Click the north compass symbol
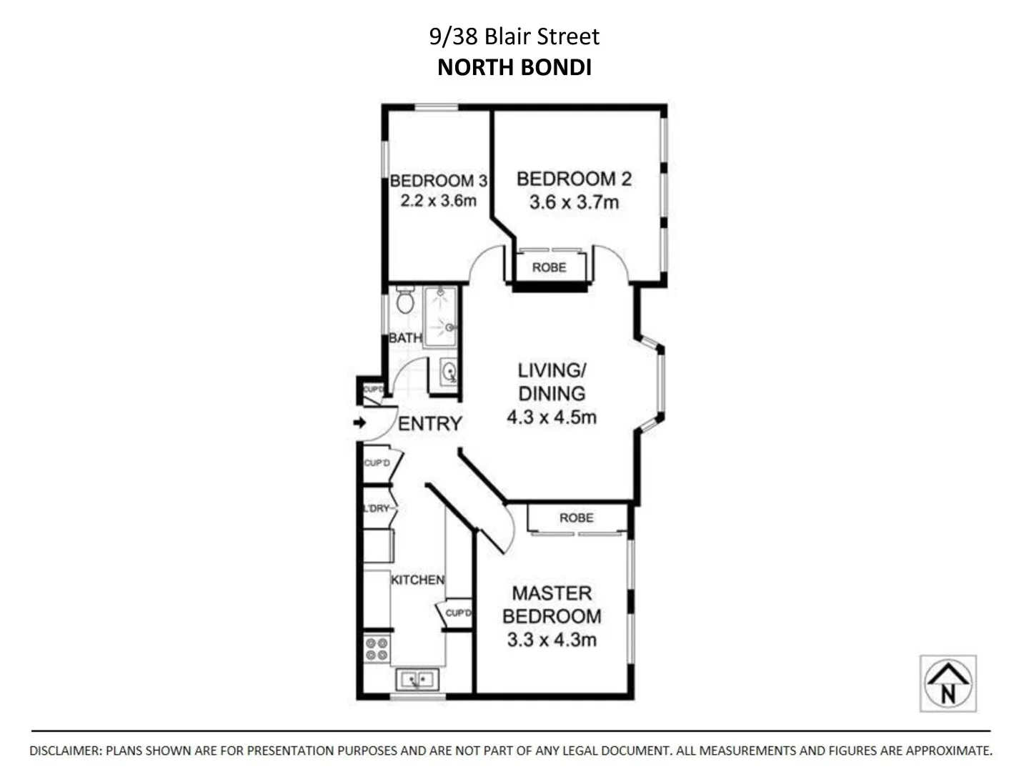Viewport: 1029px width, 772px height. point(948,683)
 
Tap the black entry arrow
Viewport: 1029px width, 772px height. point(359,422)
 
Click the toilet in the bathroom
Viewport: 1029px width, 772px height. point(405,301)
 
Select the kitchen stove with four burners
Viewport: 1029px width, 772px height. point(377,649)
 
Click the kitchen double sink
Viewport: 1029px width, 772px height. point(417,679)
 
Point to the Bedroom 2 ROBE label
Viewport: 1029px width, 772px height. point(549,267)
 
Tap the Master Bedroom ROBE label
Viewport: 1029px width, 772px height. point(576,518)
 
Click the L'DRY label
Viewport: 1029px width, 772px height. point(377,508)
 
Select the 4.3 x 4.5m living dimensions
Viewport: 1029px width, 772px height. point(552,417)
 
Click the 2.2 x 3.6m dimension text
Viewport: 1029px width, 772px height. point(438,201)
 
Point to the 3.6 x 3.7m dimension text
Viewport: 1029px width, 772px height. point(574,202)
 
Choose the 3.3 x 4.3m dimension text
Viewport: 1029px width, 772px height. point(552,640)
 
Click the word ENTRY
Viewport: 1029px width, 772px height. point(429,424)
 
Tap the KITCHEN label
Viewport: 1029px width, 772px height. point(417,580)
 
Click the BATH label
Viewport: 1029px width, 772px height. point(405,338)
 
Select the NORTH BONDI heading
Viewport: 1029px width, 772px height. point(514,67)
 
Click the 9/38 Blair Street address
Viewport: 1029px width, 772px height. point(514,36)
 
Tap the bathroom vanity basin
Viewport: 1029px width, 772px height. point(448,372)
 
